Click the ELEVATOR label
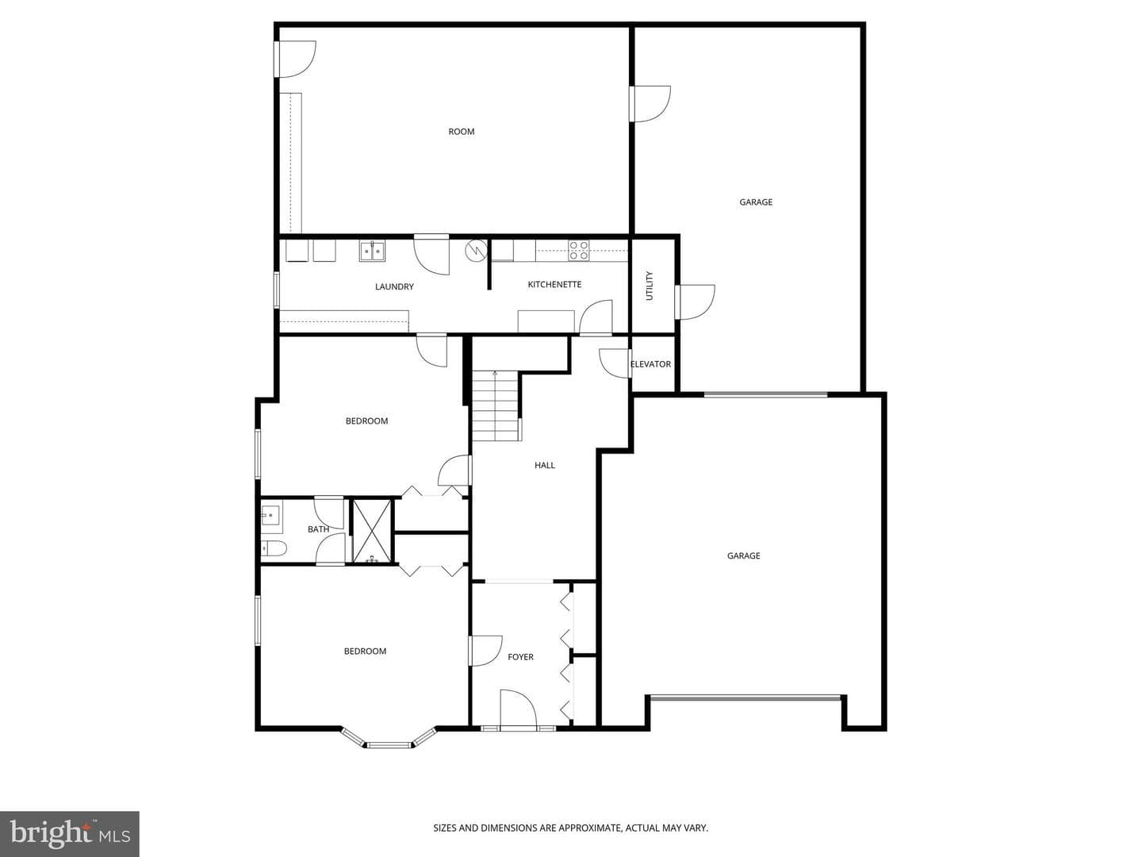[x=650, y=364]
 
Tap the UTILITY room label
[x=650, y=286]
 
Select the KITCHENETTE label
[x=554, y=284]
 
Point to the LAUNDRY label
[x=394, y=286]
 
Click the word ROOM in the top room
[x=462, y=132]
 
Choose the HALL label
[x=545, y=465]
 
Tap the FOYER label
[x=521, y=657]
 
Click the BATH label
[x=318, y=529]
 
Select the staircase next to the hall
[x=496, y=405]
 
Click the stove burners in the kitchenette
[x=579, y=250]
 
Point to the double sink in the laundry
[x=372, y=252]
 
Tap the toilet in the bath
[x=273, y=548]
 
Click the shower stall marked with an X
[x=372, y=531]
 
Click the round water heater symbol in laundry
[x=476, y=250]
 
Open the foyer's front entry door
[x=518, y=709]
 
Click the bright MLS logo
[x=70, y=834]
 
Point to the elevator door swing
[x=615, y=363]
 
